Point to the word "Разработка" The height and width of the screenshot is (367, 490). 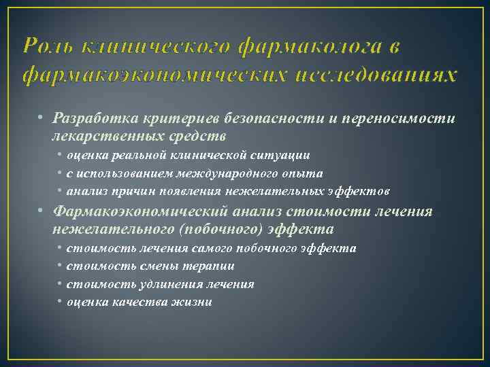(x=91, y=118)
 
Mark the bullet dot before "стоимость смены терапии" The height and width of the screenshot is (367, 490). (x=61, y=266)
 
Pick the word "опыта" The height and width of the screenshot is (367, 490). (x=303, y=173)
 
